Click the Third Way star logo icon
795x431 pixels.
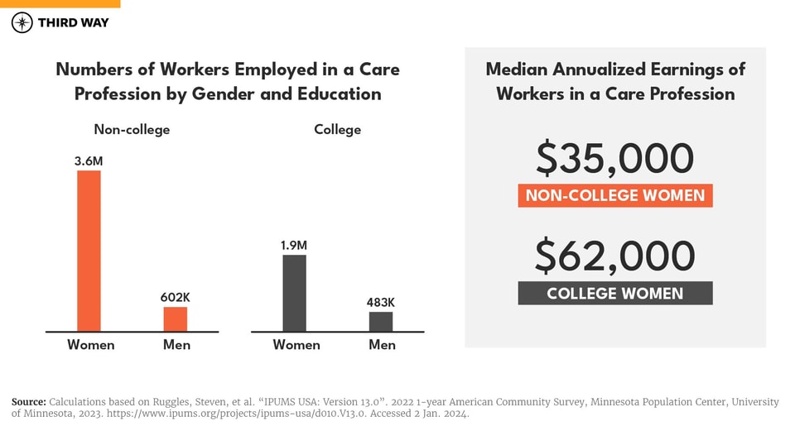click(22, 23)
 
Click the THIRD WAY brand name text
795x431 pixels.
click(73, 23)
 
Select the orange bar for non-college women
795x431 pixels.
click(89, 251)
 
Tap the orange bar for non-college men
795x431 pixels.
click(175, 319)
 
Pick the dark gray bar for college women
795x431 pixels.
click(294, 294)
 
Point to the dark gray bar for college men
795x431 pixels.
click(381, 322)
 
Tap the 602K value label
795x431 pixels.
click(175, 296)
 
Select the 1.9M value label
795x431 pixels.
click(294, 245)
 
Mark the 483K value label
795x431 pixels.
click(381, 302)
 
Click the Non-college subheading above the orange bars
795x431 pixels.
click(132, 130)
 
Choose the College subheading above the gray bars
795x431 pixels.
click(337, 130)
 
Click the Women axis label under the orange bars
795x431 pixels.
click(91, 344)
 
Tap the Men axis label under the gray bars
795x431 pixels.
click(382, 344)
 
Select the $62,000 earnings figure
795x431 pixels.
click(614, 256)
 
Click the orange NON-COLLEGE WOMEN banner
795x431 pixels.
click(615, 196)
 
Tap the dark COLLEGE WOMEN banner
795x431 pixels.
click(615, 294)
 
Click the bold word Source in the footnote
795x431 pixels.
click(29, 402)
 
